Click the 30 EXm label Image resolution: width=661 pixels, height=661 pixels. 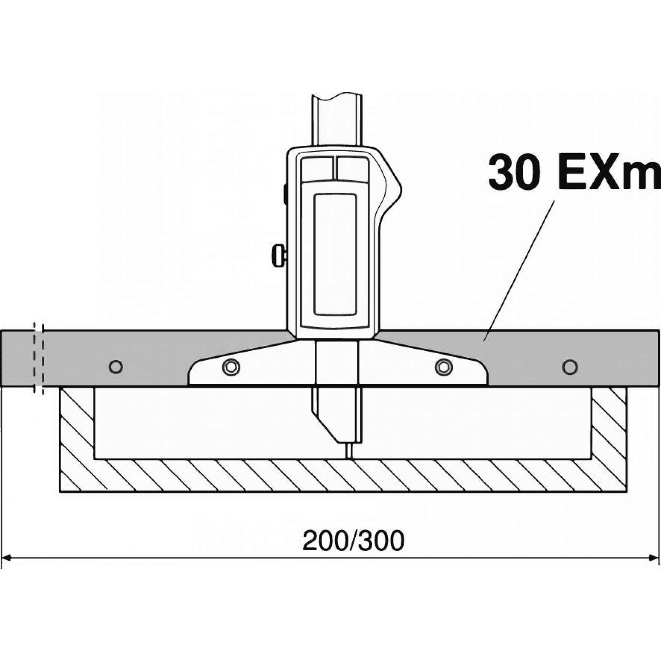tap(574, 171)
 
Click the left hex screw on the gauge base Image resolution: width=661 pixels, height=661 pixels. tap(231, 366)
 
